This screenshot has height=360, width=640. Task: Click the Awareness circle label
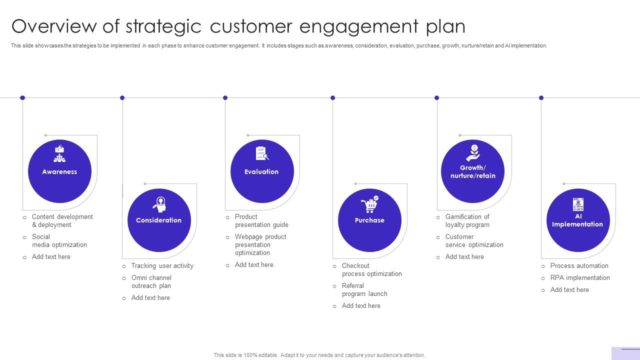[x=59, y=171]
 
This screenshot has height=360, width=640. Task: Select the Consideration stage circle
[x=159, y=220]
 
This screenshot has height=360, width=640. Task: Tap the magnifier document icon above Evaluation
[x=262, y=153]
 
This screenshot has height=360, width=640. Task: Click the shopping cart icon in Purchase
[x=369, y=204]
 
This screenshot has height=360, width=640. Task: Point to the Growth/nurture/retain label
[x=472, y=171]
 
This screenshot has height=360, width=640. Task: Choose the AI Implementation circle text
[x=577, y=220]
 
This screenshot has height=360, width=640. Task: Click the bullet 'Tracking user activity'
[x=162, y=266]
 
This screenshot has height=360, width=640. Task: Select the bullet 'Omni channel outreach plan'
[x=151, y=282]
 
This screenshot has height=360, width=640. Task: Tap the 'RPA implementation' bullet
[x=580, y=278]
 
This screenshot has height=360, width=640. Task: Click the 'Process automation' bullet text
[x=579, y=266]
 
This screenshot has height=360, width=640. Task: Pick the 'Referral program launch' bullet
[x=364, y=290]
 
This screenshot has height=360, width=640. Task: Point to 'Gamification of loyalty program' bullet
[x=467, y=221]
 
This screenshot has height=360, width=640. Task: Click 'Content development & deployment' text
[x=62, y=221]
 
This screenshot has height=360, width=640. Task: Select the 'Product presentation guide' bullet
[x=261, y=221]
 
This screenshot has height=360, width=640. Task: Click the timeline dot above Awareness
[x=22, y=98]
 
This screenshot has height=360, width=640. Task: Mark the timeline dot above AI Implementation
[x=541, y=98]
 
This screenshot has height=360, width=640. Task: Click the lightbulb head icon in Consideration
[x=160, y=204]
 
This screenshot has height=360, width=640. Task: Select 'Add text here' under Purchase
[x=360, y=306]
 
